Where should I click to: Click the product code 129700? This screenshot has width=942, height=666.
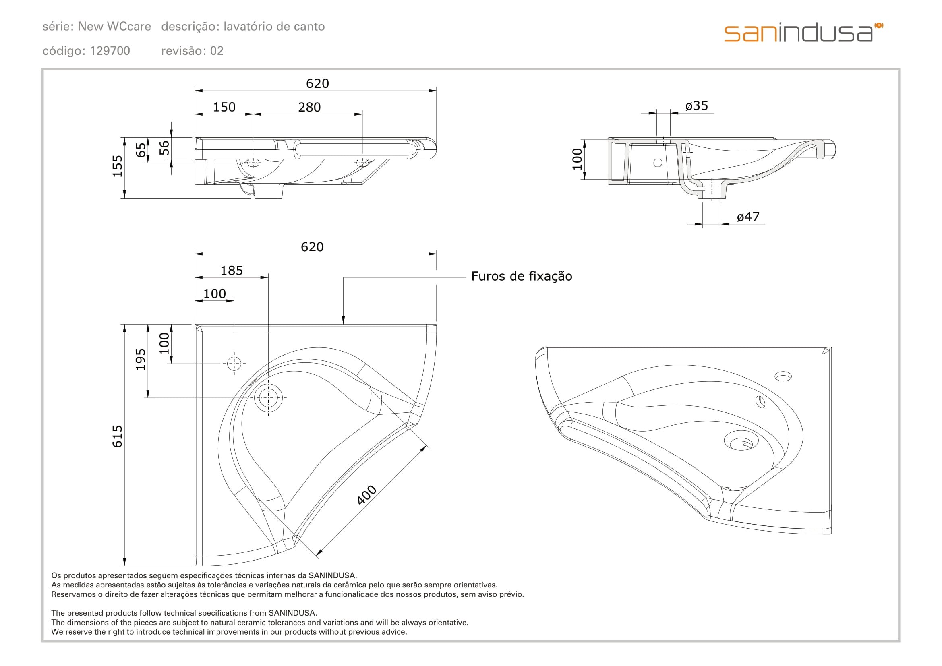point(110,51)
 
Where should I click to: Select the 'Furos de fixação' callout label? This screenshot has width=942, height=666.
point(521,276)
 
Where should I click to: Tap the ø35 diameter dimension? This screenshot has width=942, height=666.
point(696,106)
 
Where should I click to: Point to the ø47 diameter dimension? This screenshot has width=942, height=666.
point(747,217)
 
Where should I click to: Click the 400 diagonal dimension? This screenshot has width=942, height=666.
point(366,494)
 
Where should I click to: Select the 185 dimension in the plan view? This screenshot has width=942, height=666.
point(232,271)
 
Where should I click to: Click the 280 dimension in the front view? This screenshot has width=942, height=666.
point(309,108)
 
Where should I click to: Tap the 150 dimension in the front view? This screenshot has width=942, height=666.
point(224,108)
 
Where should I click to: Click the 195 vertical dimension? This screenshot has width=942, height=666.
point(141,359)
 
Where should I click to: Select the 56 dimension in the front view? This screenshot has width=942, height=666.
point(164,148)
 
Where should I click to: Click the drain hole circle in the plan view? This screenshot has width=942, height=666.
point(268,398)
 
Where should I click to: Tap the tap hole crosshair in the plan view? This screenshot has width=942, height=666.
point(234,363)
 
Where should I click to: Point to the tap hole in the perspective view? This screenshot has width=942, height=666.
point(783,376)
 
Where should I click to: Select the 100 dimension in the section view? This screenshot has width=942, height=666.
point(577,159)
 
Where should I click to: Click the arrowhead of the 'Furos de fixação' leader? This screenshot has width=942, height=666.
point(344,320)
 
